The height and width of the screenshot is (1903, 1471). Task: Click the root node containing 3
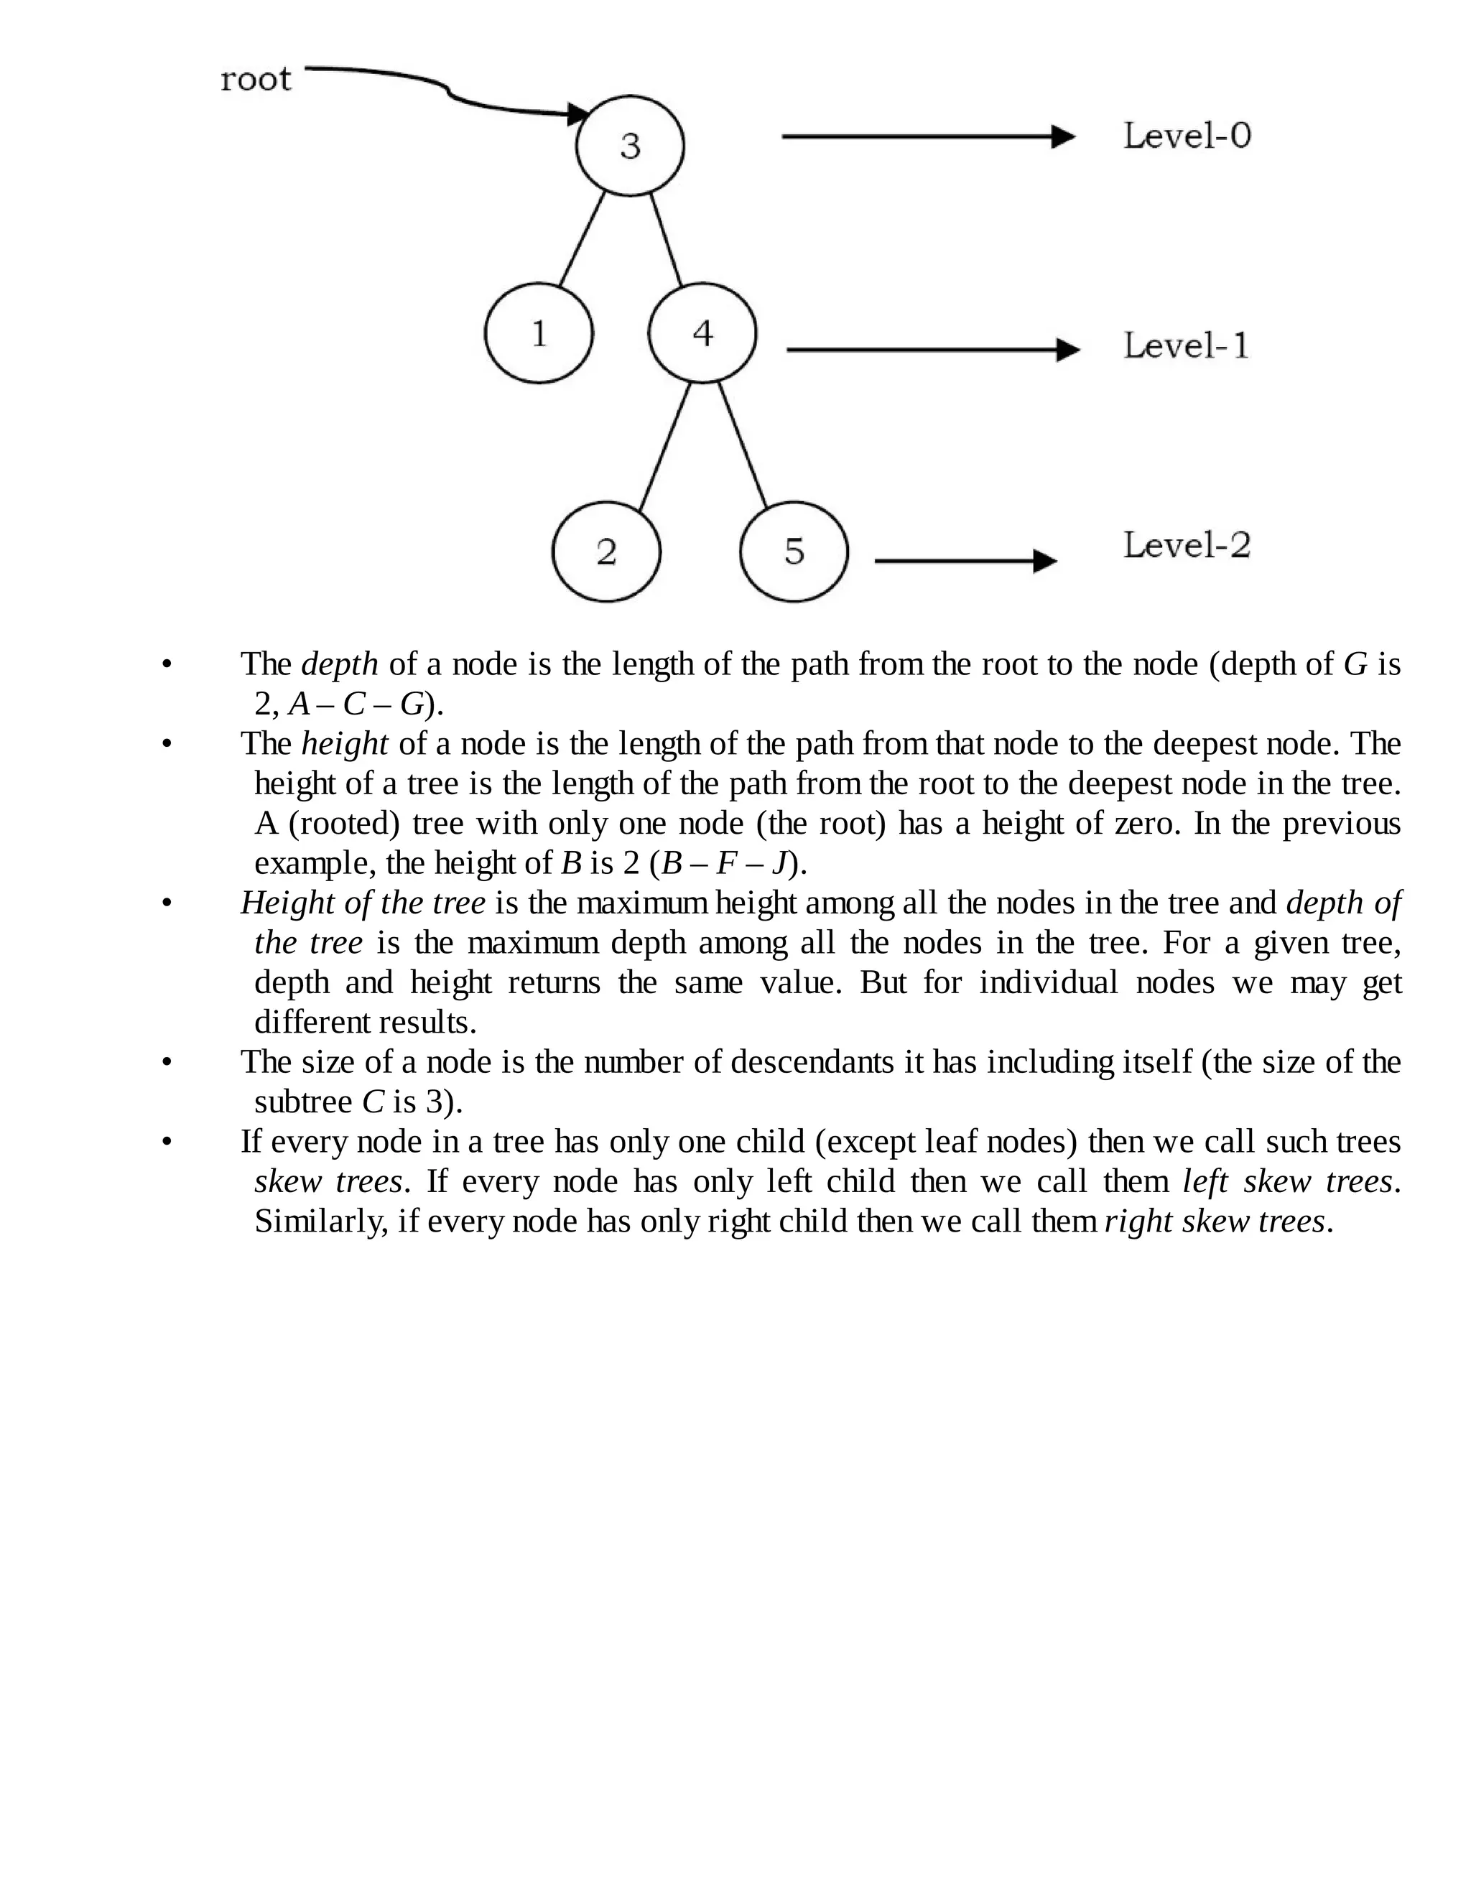tap(629, 146)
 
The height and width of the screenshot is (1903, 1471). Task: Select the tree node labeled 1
tap(539, 333)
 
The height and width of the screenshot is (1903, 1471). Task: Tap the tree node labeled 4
tap(702, 333)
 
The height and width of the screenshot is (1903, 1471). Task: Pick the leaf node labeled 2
tap(606, 552)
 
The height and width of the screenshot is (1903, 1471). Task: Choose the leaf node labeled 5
tap(793, 552)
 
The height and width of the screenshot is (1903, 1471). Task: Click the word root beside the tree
tap(255, 79)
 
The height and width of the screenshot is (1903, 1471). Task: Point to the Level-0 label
tap(1187, 136)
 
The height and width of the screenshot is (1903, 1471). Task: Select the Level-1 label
tap(1186, 346)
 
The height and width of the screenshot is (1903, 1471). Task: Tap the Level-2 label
tap(1186, 546)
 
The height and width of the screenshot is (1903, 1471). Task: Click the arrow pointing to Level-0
tap(927, 136)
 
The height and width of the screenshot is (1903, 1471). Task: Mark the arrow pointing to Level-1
tap(932, 350)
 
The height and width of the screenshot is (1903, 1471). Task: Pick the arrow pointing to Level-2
tap(964, 561)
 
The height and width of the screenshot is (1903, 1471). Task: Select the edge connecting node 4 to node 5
tap(743, 445)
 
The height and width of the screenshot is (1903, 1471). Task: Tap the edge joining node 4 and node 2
tap(665, 446)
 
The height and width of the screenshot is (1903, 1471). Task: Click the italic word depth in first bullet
tap(339, 665)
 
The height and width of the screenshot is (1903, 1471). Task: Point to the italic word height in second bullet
tap(344, 744)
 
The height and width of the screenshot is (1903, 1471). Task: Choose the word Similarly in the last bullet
tap(320, 1222)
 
